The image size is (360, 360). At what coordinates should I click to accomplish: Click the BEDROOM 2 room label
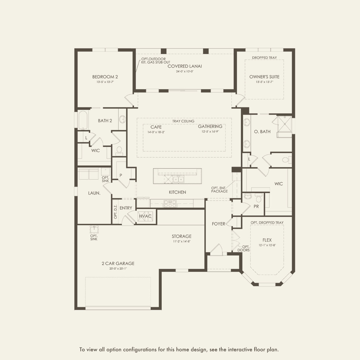pyautogui.click(x=105, y=77)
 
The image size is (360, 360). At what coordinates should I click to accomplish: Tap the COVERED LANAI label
pyautogui.click(x=185, y=66)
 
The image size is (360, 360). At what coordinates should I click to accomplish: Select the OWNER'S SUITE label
pyautogui.click(x=264, y=77)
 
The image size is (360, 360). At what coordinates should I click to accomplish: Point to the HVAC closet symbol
pyautogui.click(x=145, y=216)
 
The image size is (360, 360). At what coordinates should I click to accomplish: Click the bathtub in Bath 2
pyautogui.click(x=83, y=120)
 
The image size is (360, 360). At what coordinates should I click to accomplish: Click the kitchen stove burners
pyautogui.click(x=170, y=204)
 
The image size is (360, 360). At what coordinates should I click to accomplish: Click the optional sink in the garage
pyautogui.click(x=94, y=229)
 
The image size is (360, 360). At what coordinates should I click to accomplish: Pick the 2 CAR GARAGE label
pyautogui.click(x=118, y=264)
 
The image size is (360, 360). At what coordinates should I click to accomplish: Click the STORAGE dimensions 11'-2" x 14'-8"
pyautogui.click(x=181, y=241)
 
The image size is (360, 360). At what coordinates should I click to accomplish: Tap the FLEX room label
pyautogui.click(x=267, y=240)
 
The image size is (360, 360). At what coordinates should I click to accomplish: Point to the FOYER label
pyautogui.click(x=218, y=224)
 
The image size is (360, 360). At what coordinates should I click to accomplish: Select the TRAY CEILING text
pyautogui.click(x=183, y=121)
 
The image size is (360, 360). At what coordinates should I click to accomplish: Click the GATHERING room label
pyautogui.click(x=210, y=127)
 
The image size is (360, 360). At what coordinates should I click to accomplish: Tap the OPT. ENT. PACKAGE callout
pyautogui.click(x=219, y=190)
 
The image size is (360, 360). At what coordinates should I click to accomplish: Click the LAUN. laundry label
pyautogui.click(x=94, y=193)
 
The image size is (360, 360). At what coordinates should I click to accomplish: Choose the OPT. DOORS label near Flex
pyautogui.click(x=243, y=249)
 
